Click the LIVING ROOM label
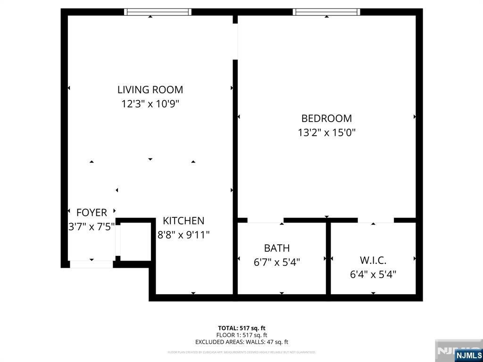(x=150, y=90)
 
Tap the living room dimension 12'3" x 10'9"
(x=150, y=104)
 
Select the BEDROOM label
(x=326, y=118)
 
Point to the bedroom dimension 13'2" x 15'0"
(x=326, y=132)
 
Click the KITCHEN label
(x=183, y=221)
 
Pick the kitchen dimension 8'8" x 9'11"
(x=183, y=234)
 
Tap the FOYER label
(x=92, y=213)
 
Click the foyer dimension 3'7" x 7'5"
(x=92, y=227)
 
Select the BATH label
(x=277, y=248)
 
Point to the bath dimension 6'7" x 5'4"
(x=277, y=262)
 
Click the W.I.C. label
(x=373, y=260)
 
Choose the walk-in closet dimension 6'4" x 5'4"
(x=373, y=274)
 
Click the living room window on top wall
(x=158, y=12)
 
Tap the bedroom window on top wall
(x=326, y=12)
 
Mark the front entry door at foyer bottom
(x=92, y=264)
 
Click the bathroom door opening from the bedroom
(x=266, y=220)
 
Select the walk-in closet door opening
(x=375, y=220)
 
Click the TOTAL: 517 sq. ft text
(x=241, y=328)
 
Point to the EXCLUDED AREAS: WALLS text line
(x=241, y=342)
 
